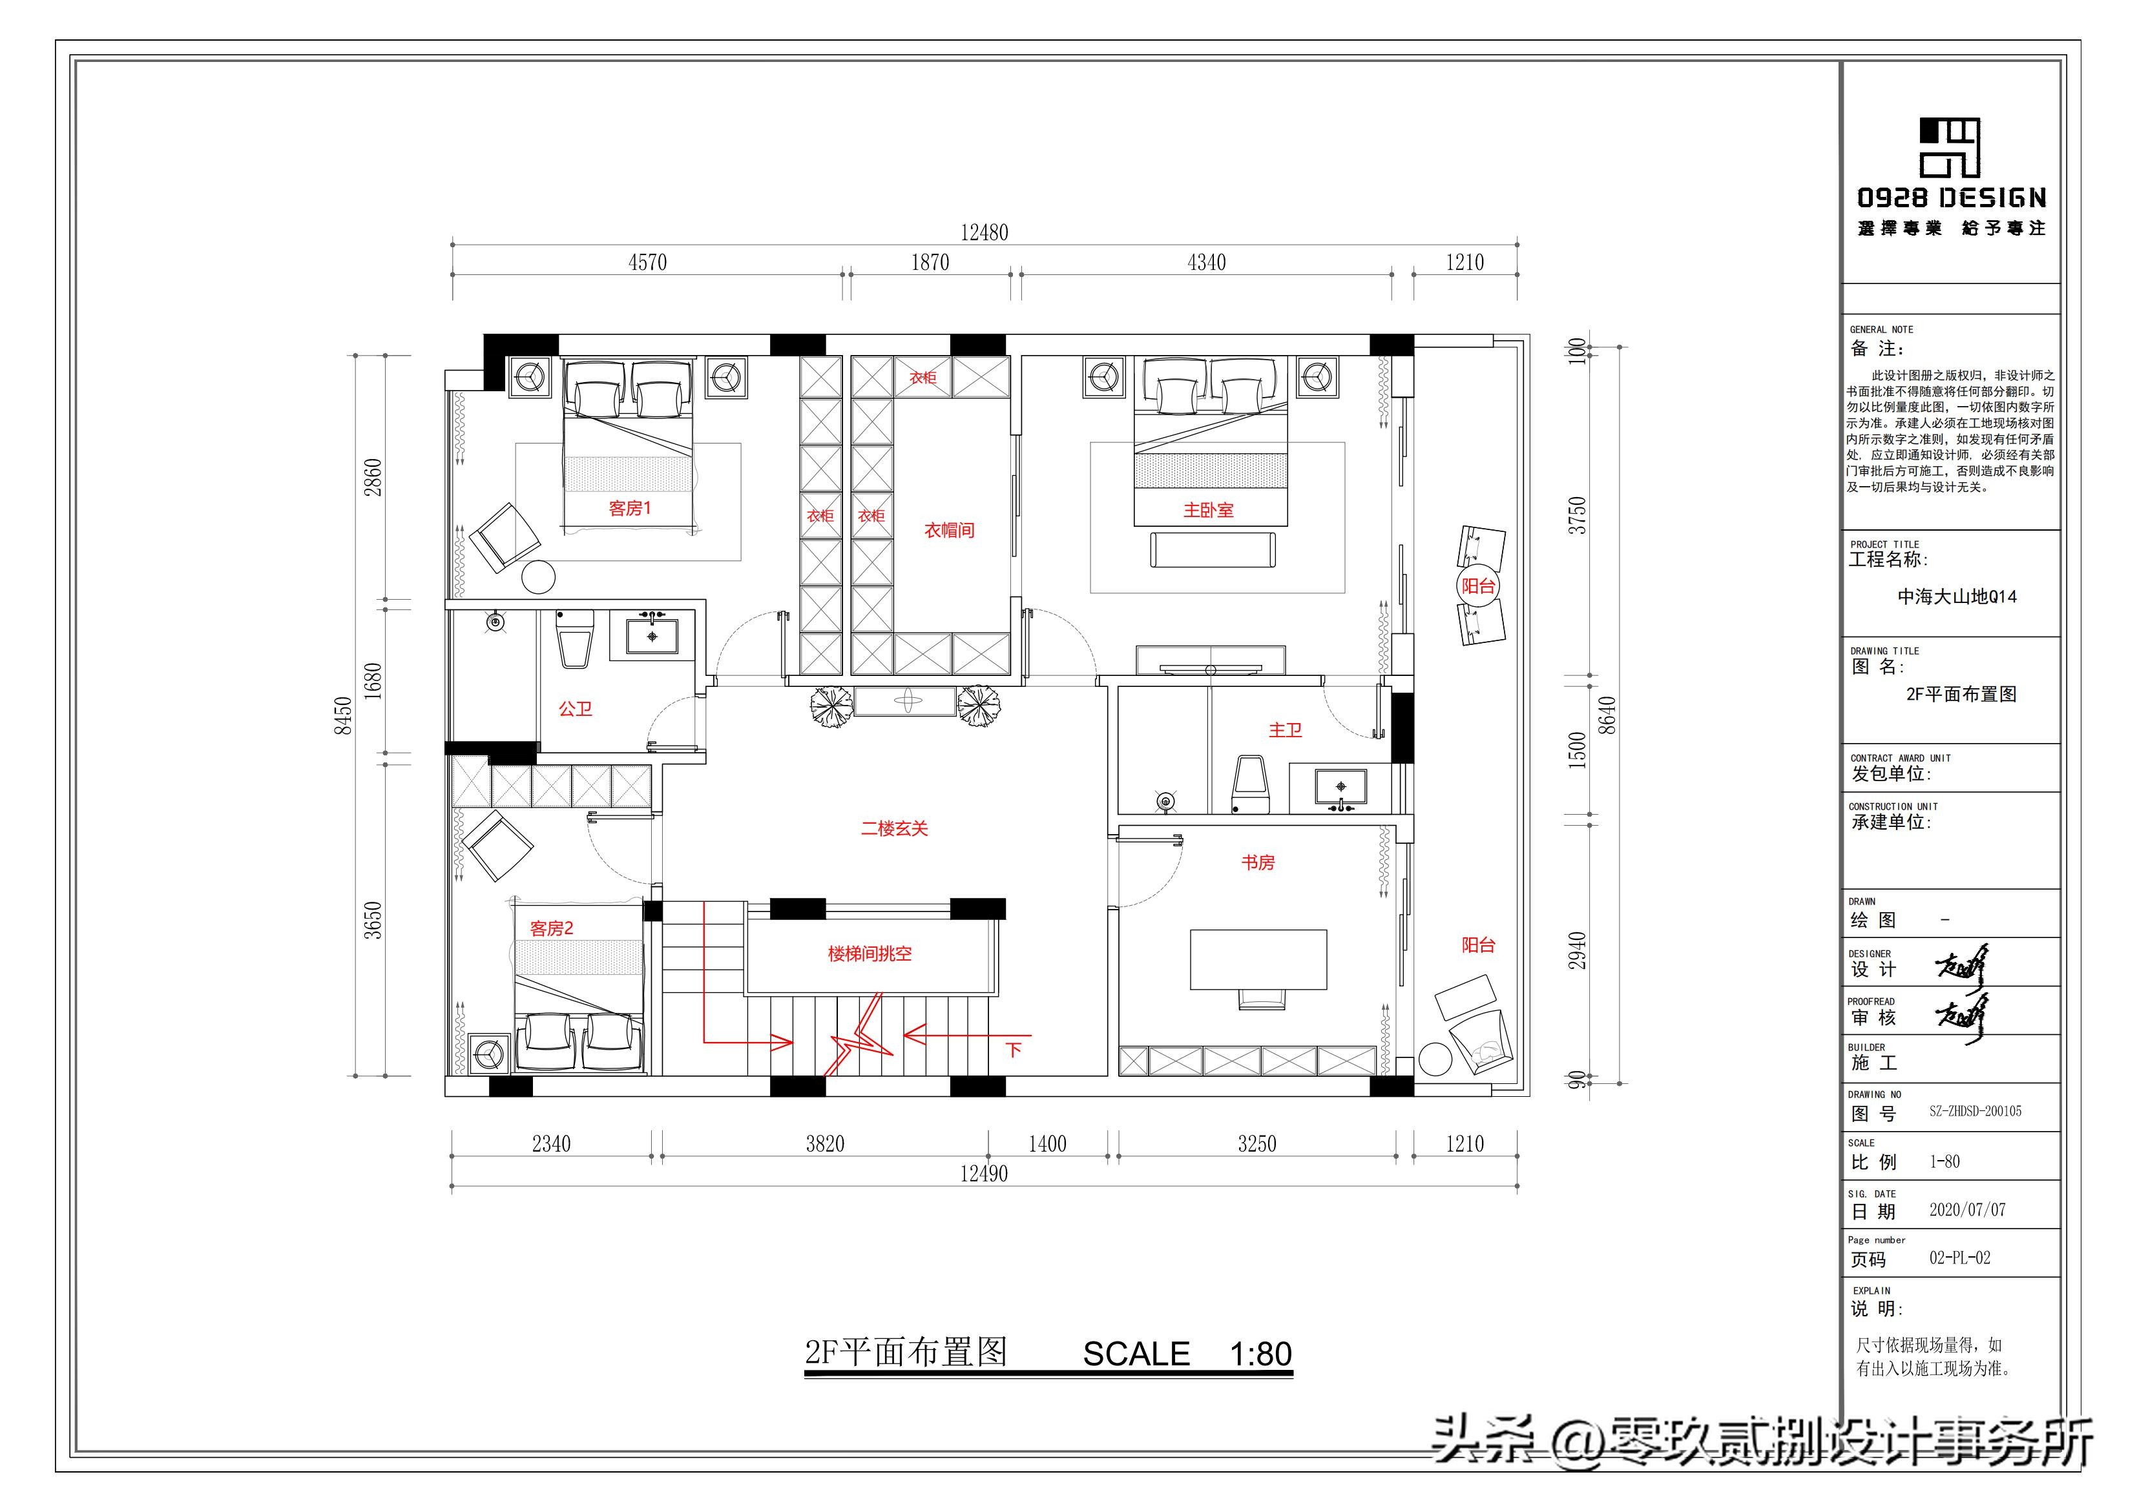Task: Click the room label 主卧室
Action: point(1208,510)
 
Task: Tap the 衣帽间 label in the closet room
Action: point(948,530)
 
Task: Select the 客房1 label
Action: point(630,508)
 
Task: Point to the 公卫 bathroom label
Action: point(575,709)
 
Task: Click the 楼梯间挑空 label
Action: point(870,954)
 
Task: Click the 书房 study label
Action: point(1257,862)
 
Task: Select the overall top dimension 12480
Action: point(984,232)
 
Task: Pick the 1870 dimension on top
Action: point(930,262)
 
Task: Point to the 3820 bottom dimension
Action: point(825,1143)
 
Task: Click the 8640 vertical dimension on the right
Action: point(1607,715)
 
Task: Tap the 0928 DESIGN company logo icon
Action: point(1949,147)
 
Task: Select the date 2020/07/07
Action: point(1966,1210)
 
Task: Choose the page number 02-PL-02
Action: point(1959,1258)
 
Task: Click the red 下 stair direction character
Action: point(1014,1050)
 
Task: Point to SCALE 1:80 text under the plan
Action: point(1187,1354)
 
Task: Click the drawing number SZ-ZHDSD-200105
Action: point(1974,1111)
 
